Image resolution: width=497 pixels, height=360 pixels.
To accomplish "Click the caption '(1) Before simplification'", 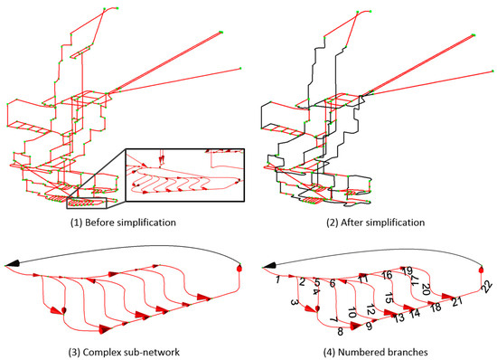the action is click(123, 223).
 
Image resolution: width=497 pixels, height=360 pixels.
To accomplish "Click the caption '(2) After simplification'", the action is click(376, 223).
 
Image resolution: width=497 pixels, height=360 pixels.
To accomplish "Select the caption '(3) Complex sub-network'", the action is click(124, 352).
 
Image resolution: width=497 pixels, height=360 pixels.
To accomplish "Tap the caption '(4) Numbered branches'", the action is click(376, 352).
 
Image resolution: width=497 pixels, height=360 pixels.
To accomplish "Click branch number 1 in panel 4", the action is click(277, 279).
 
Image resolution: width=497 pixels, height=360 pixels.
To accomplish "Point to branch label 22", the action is click(487, 288).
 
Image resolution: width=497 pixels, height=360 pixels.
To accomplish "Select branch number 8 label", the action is click(340, 331).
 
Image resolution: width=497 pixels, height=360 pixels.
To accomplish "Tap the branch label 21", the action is click(457, 301).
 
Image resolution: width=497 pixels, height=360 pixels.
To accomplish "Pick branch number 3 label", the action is click(295, 302).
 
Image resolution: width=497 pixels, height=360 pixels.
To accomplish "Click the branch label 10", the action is click(352, 312).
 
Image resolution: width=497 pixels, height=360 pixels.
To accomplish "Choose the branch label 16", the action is click(387, 275).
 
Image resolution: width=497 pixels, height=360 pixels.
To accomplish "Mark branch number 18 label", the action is click(436, 307).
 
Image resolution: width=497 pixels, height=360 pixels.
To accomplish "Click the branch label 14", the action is click(415, 313).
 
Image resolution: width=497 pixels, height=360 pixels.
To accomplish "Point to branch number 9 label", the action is click(369, 326).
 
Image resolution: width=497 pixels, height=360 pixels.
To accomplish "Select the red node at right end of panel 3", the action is click(239, 269).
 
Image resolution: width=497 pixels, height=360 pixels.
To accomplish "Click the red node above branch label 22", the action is click(481, 270).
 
